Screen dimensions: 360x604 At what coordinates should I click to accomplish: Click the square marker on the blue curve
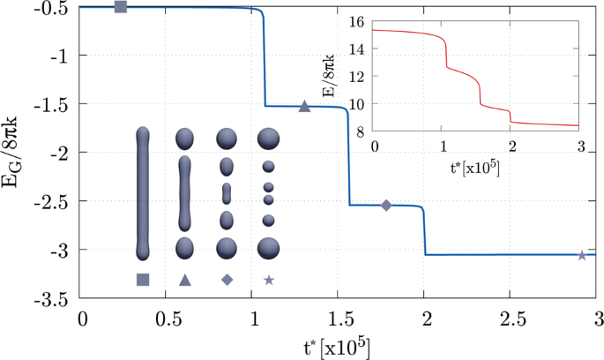coord(121,7)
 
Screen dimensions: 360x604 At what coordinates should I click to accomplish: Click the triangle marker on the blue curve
coord(304,107)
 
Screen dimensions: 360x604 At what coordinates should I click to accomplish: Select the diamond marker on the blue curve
coord(386,206)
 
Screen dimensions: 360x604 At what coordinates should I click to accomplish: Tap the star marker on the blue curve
coord(582,255)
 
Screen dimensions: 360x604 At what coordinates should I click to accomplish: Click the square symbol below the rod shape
coord(143,280)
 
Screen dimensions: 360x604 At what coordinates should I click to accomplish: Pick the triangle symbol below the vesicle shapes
coord(185,280)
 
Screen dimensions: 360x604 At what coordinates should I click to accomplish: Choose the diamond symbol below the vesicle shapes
coord(227,280)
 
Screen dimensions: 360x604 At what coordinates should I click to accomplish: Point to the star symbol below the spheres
coord(269,280)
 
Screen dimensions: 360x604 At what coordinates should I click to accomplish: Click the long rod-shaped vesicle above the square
coord(144,193)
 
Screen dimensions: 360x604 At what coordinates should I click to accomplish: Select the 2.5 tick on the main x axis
coord(512,317)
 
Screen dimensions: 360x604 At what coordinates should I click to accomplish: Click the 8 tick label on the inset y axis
coord(362,131)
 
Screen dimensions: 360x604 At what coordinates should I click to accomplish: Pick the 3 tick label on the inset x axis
coord(578,145)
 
